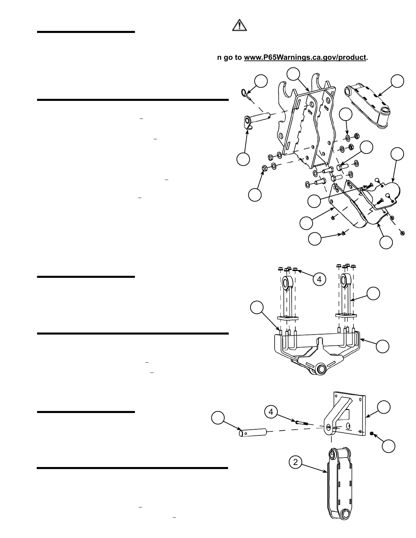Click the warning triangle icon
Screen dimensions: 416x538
pyautogui.click(x=240, y=25)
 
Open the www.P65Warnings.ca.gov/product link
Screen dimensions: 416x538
pyautogui.click(x=305, y=57)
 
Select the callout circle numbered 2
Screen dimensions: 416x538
pyautogui.click(x=295, y=462)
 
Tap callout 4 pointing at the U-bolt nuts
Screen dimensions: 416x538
pyautogui.click(x=319, y=280)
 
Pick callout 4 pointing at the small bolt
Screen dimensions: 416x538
pyautogui.click(x=271, y=412)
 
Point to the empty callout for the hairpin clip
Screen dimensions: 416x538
pyautogui.click(x=261, y=82)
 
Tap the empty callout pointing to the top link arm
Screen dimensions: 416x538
pyautogui.click(x=397, y=82)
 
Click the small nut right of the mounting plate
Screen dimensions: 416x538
pyautogui.click(x=371, y=433)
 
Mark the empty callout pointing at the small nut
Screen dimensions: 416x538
pyautogui.click(x=388, y=446)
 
